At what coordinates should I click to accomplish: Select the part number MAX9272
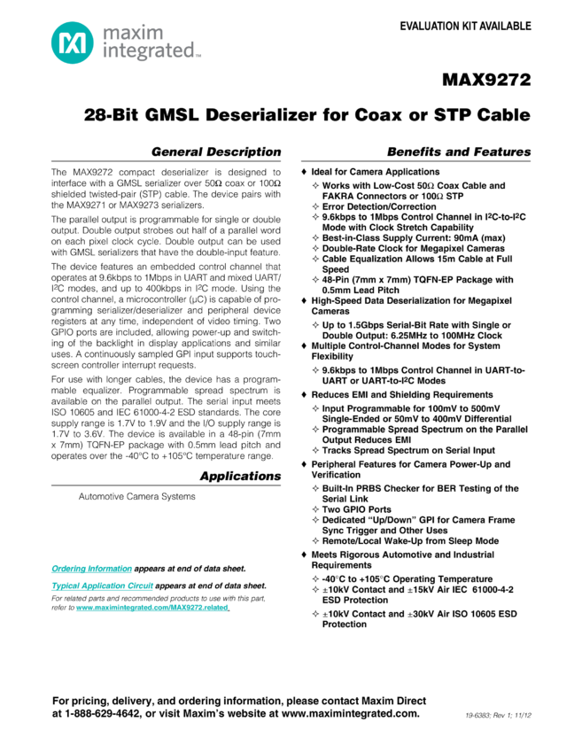[486, 81]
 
